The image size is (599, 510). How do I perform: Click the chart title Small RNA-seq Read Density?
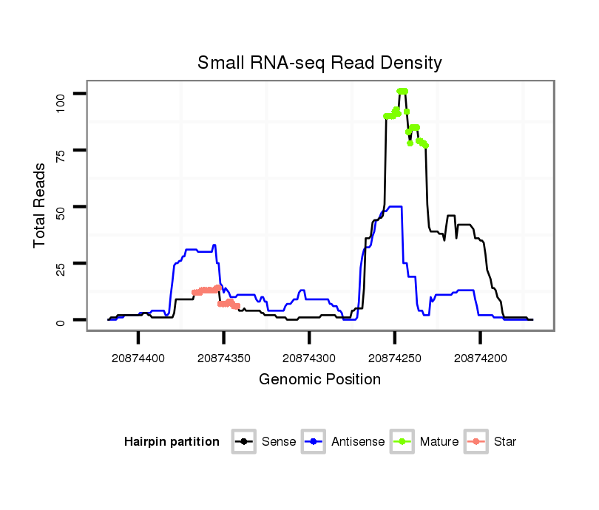click(x=319, y=63)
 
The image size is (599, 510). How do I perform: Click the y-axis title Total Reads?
click(x=40, y=205)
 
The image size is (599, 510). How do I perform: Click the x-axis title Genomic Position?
click(x=319, y=380)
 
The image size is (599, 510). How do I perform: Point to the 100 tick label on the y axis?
click(x=61, y=93)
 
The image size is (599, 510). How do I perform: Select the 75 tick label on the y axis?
click(x=61, y=150)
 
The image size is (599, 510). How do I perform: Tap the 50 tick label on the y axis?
click(x=61, y=207)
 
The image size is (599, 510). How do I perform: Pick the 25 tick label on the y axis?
click(x=61, y=264)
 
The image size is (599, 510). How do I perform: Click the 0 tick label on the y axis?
click(x=61, y=321)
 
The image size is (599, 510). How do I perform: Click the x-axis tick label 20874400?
click(x=138, y=358)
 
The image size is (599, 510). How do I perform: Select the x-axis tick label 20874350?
click(x=224, y=358)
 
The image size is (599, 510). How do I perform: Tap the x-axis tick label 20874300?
click(x=309, y=358)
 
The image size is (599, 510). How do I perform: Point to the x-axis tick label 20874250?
click(x=395, y=358)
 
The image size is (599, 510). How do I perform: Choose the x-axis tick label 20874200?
click(x=481, y=358)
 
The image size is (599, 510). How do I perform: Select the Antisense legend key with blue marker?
click(x=313, y=442)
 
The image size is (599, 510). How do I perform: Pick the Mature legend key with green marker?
click(x=402, y=442)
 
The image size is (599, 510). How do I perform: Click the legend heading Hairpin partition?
click(x=172, y=442)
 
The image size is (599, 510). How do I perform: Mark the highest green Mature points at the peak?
click(x=402, y=92)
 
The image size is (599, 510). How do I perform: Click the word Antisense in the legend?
click(x=358, y=442)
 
